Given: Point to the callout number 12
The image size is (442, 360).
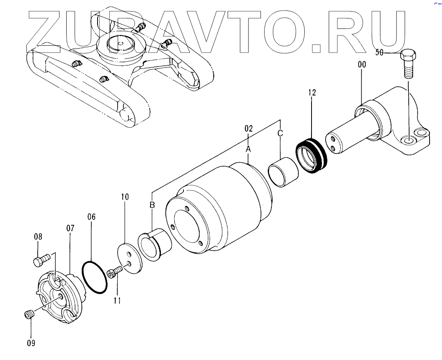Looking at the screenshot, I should coord(312,93).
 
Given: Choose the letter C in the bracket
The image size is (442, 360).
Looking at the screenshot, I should coord(280,133).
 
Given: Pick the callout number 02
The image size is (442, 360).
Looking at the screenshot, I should coord(248,128).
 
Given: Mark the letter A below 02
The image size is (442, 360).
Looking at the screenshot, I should coord(248,148).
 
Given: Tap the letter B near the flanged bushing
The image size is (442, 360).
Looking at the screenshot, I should coord(152,205).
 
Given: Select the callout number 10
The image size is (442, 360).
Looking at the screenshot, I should coord(124,197).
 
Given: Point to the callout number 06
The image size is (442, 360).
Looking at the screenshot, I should coord(92,217).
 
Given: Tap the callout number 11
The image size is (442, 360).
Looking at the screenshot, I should coord(117,300).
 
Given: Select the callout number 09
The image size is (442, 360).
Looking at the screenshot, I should coord(31,343).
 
